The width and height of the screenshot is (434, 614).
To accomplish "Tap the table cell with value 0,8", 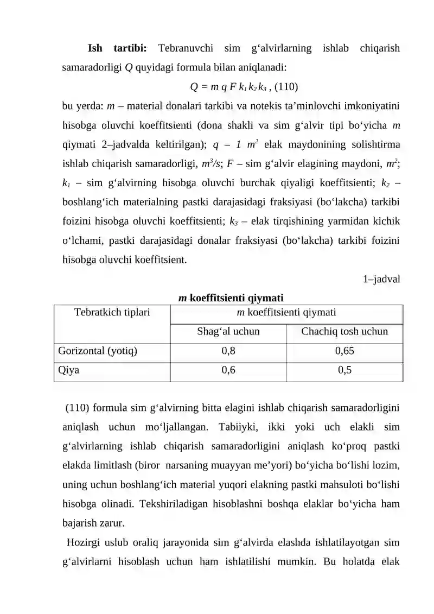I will (228, 351).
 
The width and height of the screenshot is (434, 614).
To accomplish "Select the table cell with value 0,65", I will (344, 351).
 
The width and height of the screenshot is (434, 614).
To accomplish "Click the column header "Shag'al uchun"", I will (228, 331).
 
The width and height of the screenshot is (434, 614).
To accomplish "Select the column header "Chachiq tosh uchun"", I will (344, 331).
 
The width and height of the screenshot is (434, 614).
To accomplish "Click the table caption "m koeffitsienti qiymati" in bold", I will (231, 297).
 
